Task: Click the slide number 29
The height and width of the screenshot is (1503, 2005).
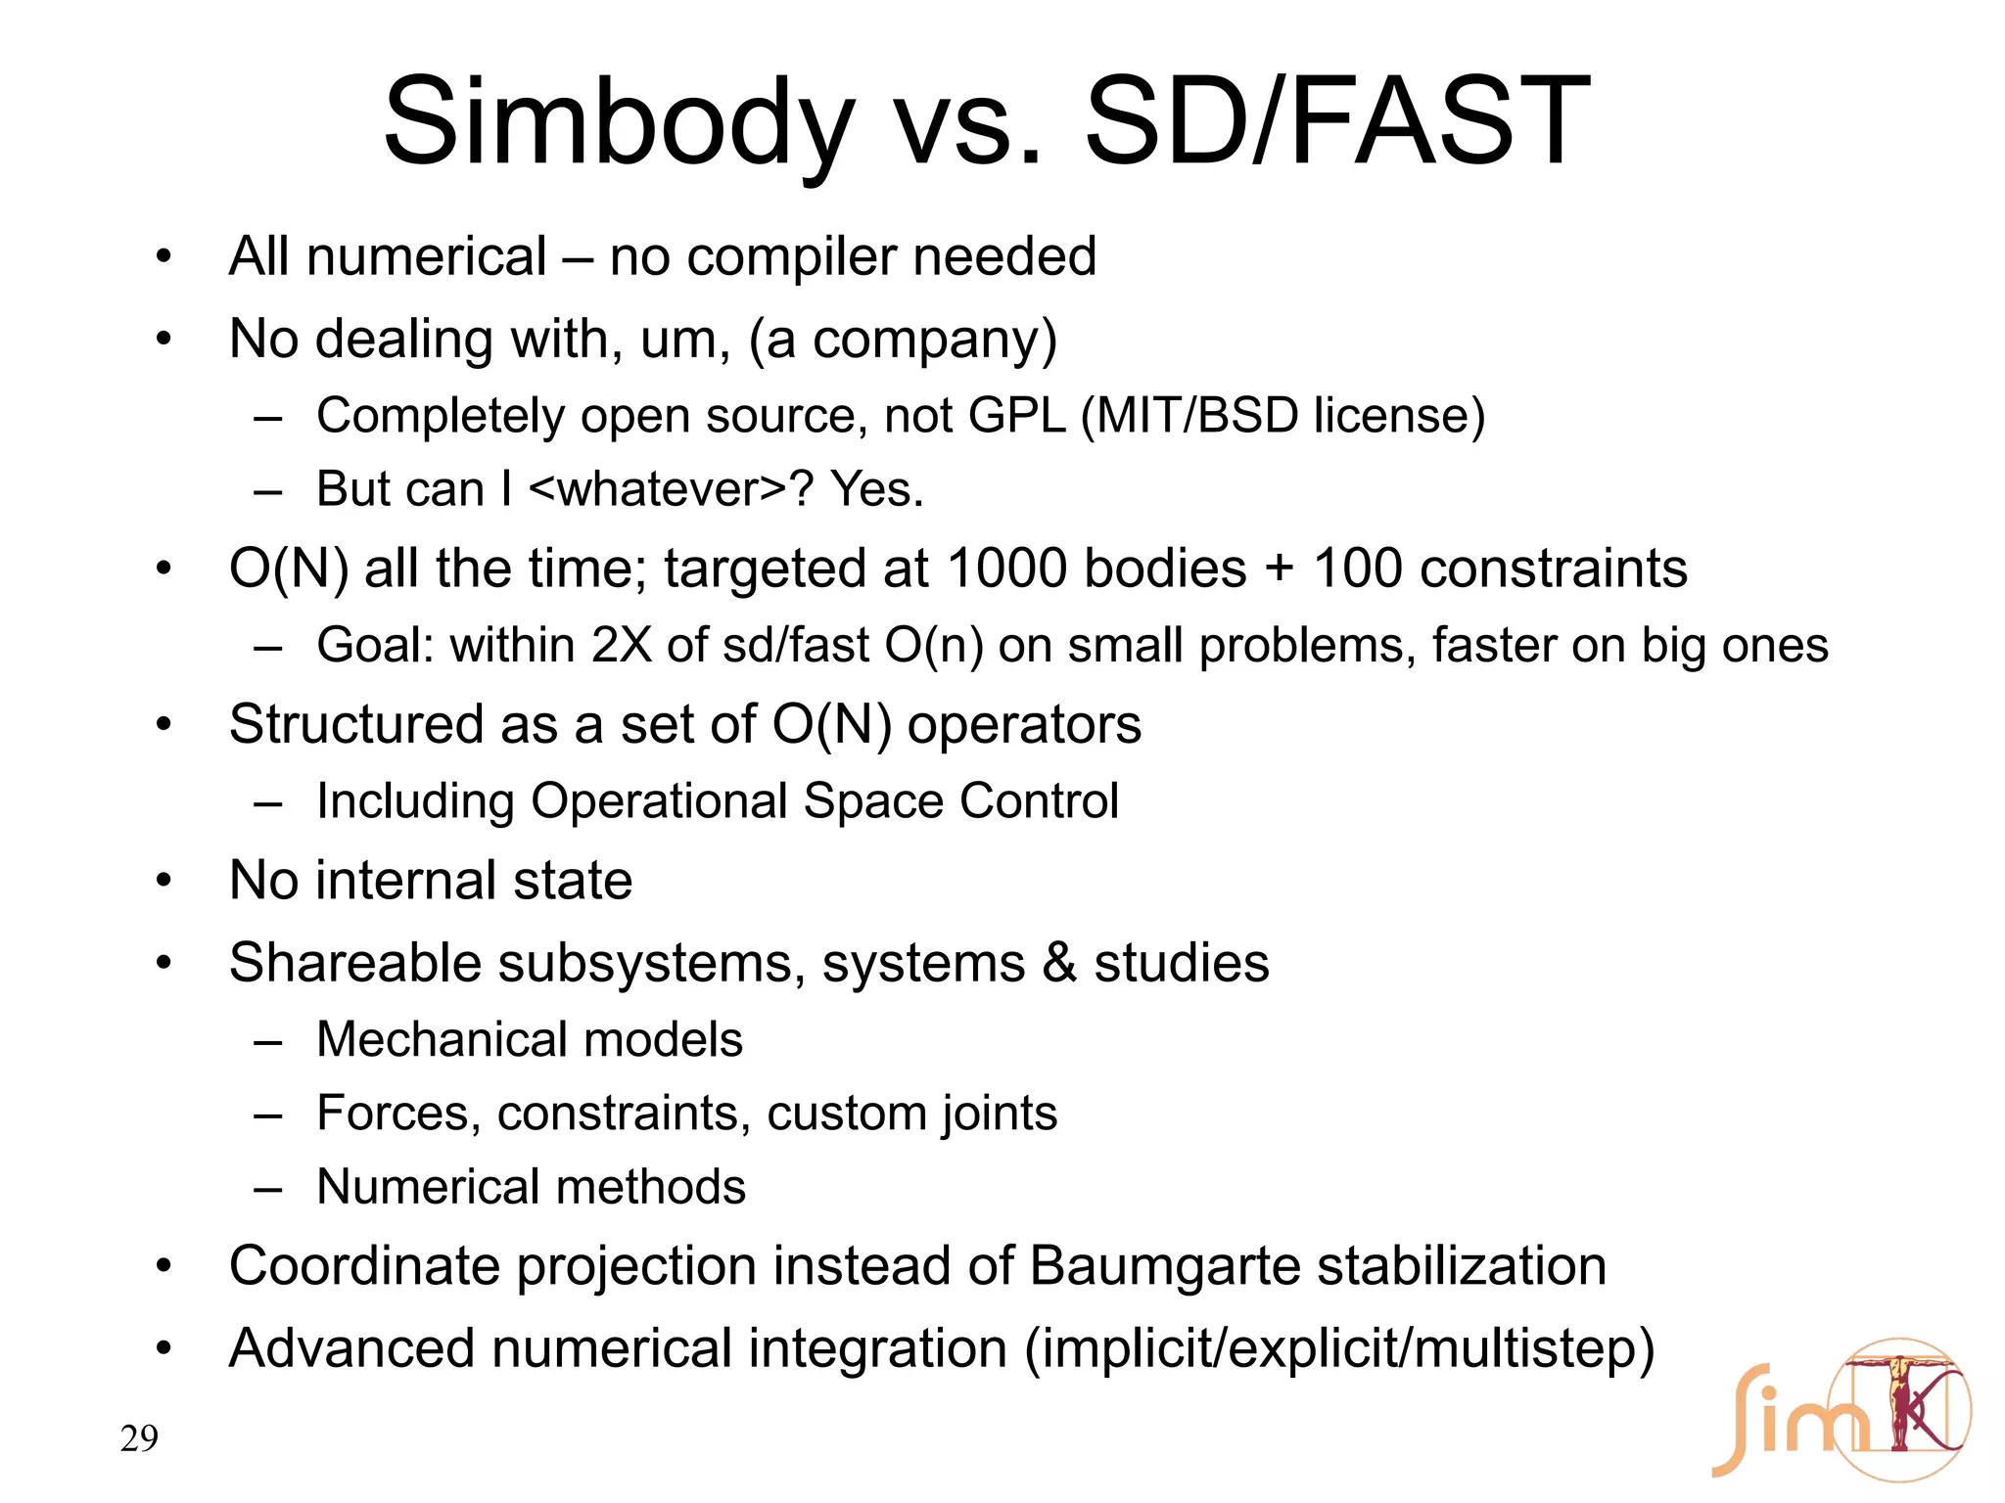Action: pos(139,1438)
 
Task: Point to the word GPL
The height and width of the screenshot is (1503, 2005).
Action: pos(1016,416)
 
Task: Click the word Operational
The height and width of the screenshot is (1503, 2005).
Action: pos(659,801)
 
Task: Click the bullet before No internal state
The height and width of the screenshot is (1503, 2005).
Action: pos(163,881)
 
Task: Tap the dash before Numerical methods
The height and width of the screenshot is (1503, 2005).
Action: pos(267,1188)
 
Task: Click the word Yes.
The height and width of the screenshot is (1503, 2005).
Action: pos(876,489)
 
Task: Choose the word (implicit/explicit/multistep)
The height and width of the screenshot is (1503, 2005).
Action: pos(1339,1348)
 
